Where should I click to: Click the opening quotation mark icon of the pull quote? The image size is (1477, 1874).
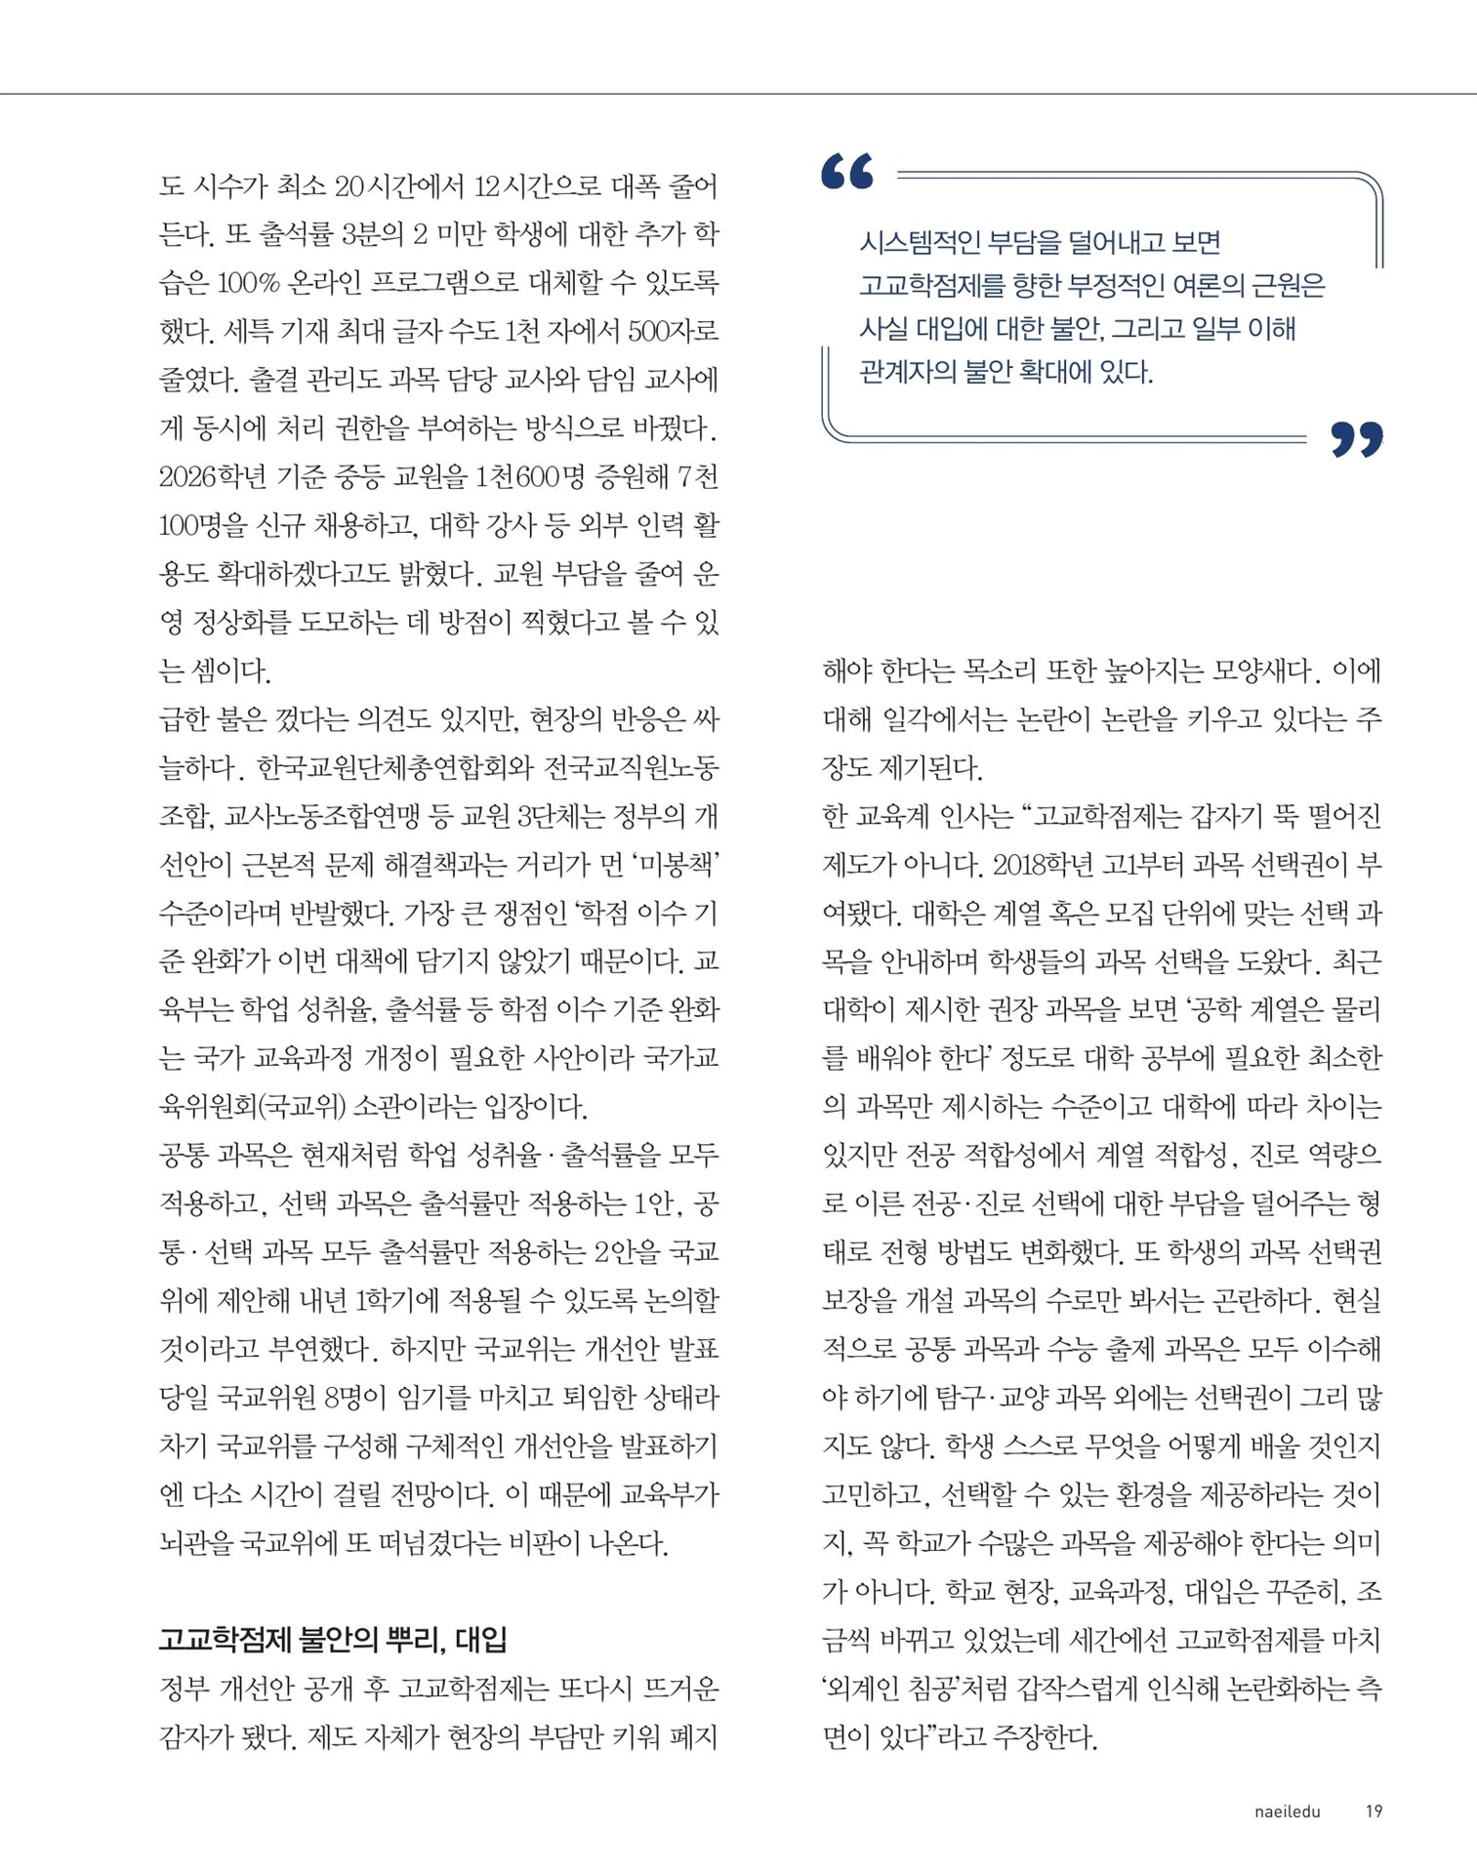tap(847, 171)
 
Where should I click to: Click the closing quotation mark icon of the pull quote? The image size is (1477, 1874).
tap(1357, 439)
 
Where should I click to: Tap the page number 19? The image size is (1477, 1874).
tap(1374, 1811)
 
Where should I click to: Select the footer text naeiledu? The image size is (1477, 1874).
tap(1287, 1812)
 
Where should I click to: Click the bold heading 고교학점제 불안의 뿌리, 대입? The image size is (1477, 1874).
tap(333, 1639)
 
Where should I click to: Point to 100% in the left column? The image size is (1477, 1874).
tap(248, 283)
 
